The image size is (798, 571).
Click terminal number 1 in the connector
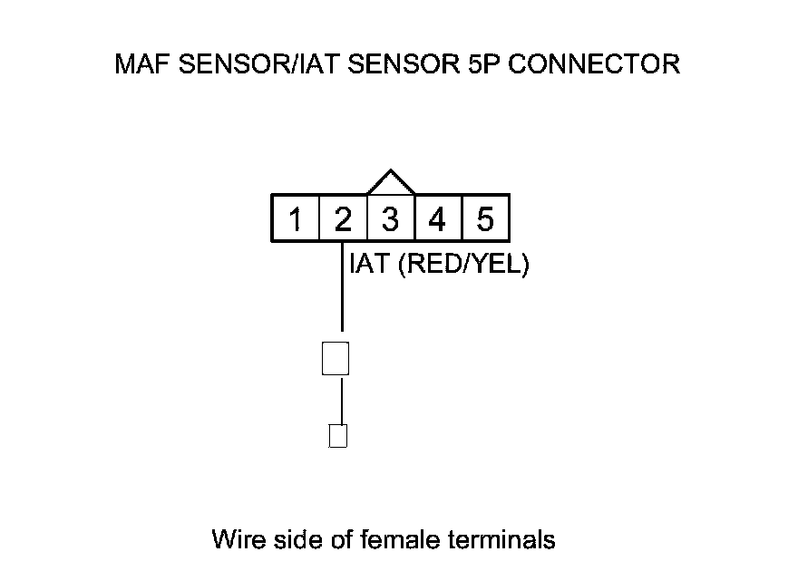pyautogui.click(x=296, y=219)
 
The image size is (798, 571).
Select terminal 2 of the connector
pyautogui.click(x=343, y=219)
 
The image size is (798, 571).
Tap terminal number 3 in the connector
pyautogui.click(x=390, y=219)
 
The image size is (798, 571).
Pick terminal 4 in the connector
pyautogui.click(x=437, y=219)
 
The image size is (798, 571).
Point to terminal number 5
pyautogui.click(x=485, y=219)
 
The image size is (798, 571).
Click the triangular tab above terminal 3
pyautogui.click(x=391, y=184)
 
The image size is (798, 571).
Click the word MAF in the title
pyautogui.click(x=141, y=65)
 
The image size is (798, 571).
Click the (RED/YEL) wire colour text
pyautogui.click(x=463, y=266)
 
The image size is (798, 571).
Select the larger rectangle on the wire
pyautogui.click(x=336, y=358)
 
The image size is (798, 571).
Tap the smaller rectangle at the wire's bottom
pyautogui.click(x=337, y=436)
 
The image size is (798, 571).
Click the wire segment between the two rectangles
pyautogui.click(x=342, y=399)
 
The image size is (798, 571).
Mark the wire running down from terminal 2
pyautogui.click(x=342, y=290)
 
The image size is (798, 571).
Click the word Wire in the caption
pyautogui.click(x=238, y=540)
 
